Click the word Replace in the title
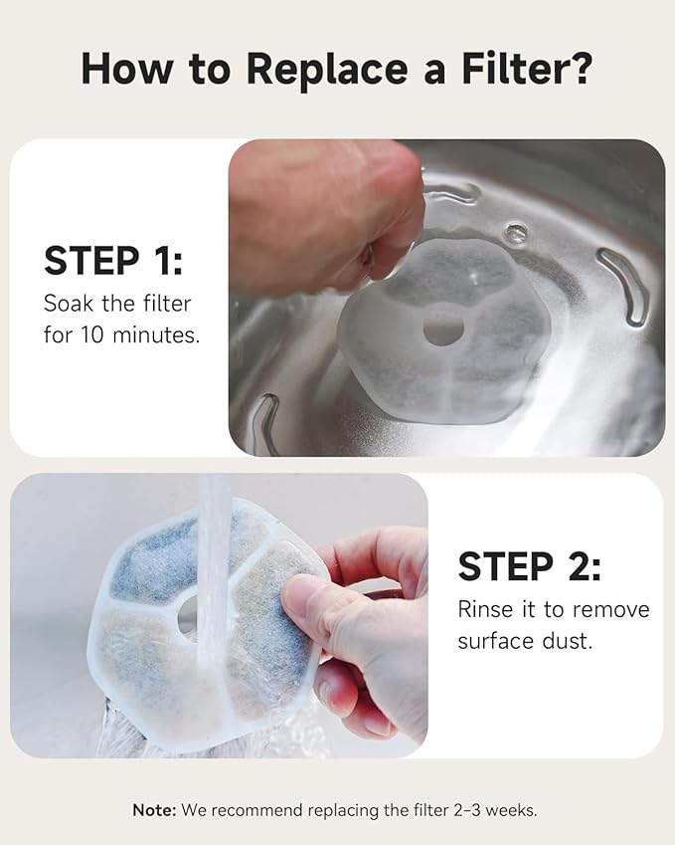[x=327, y=70]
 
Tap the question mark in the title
[x=581, y=68]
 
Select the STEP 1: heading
[x=113, y=261]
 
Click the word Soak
[x=69, y=304]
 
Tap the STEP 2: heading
[x=529, y=566]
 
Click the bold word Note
[x=154, y=810]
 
